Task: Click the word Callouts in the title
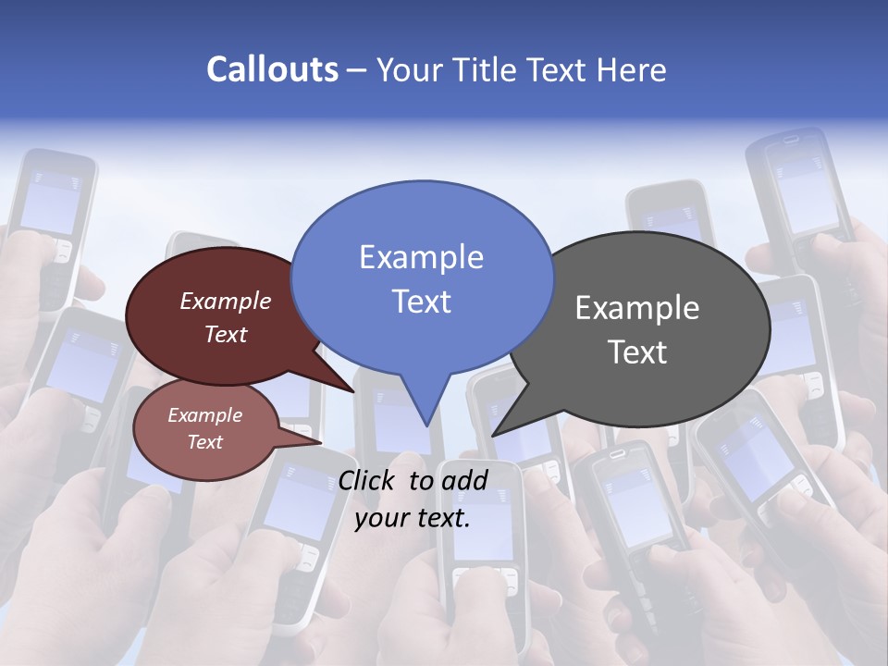pyautogui.click(x=272, y=70)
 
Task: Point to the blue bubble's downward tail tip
pyautogui.click(x=426, y=425)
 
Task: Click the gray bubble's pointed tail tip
pyautogui.click(x=493, y=435)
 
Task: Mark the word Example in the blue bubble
pyautogui.click(x=421, y=257)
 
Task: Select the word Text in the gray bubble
pyautogui.click(x=638, y=352)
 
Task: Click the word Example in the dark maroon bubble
pyautogui.click(x=225, y=302)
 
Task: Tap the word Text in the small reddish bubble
pyautogui.click(x=205, y=442)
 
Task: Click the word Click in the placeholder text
pyautogui.click(x=367, y=480)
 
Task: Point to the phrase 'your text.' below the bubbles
pyautogui.click(x=413, y=519)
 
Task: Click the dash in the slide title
pyautogui.click(x=357, y=70)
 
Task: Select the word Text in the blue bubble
pyautogui.click(x=421, y=302)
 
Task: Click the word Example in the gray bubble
pyautogui.click(x=637, y=308)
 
